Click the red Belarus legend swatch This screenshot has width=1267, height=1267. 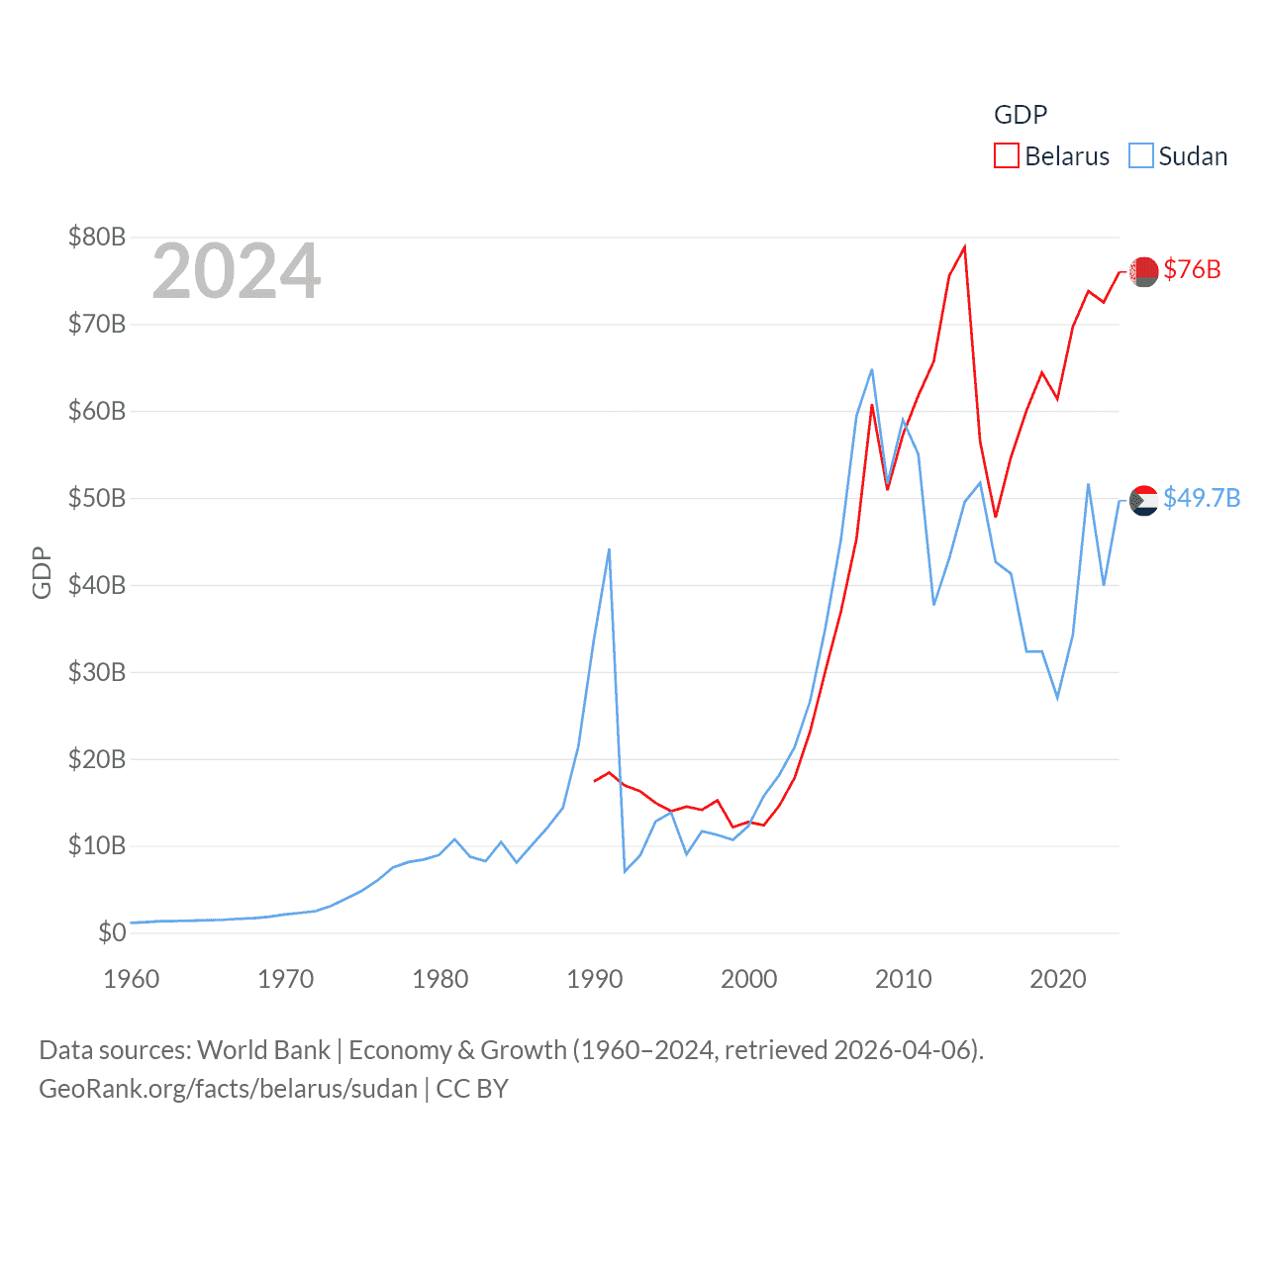tap(1007, 156)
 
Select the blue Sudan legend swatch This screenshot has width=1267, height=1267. tap(1141, 156)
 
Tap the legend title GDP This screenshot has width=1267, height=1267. tap(1021, 115)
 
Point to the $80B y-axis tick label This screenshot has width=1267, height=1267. tap(97, 237)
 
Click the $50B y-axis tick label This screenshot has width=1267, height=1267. tap(97, 498)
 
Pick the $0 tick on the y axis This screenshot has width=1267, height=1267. tap(112, 932)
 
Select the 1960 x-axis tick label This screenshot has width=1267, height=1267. tap(132, 979)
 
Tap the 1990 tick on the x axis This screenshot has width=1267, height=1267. tap(595, 979)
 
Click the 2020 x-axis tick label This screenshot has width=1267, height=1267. tap(1058, 979)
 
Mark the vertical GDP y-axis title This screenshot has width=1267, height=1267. tap(42, 572)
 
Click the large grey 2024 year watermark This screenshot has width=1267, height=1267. tap(237, 271)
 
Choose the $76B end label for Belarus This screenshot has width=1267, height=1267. tap(1192, 269)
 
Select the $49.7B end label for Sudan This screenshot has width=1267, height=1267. tap(1202, 498)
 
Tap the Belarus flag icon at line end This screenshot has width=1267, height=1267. tap(1144, 271)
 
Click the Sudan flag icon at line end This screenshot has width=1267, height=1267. tap(1144, 501)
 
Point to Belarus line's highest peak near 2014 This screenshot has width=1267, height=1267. tap(964, 247)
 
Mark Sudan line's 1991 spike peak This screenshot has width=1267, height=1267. tap(609, 549)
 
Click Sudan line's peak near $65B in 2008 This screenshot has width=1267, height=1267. tap(872, 370)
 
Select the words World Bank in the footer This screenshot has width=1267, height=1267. tap(264, 1050)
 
